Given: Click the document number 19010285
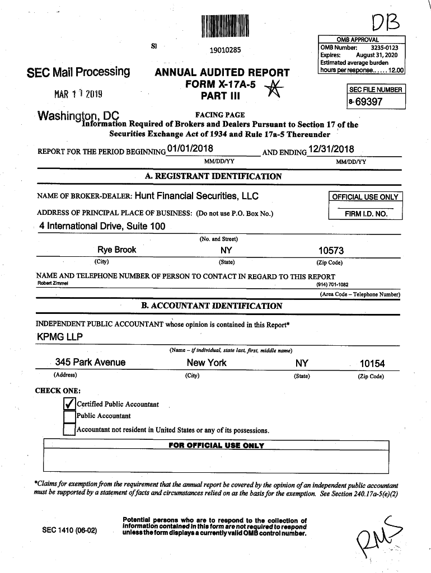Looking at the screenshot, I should click(x=224, y=51).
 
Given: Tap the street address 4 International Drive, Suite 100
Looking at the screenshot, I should click(x=102, y=226).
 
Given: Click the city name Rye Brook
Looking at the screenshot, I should click(x=116, y=250).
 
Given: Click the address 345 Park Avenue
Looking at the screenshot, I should click(x=90, y=362).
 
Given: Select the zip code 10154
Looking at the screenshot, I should click(x=372, y=363).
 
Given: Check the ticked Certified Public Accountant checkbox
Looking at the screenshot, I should click(x=69, y=404).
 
